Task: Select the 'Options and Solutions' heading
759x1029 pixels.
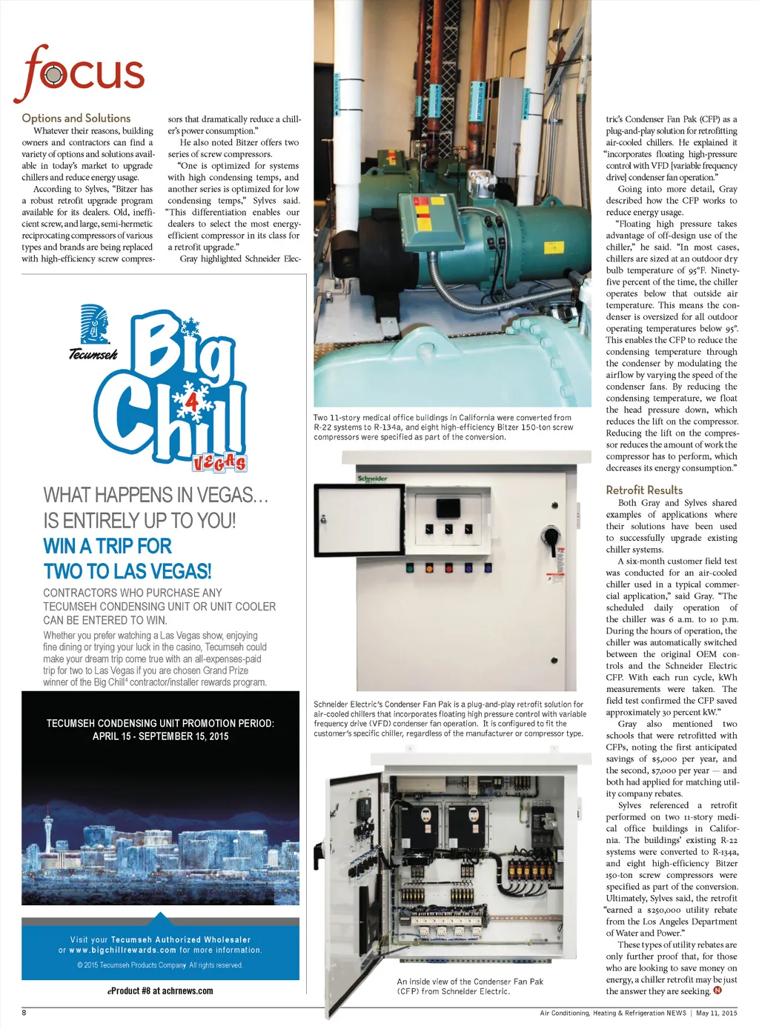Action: [x=76, y=118]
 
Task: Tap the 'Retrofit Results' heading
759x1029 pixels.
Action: [x=644, y=490]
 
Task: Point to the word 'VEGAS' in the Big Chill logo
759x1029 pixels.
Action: [x=219, y=463]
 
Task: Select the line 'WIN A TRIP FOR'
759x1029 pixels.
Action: [x=107, y=546]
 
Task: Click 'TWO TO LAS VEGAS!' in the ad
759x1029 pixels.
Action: [x=127, y=571]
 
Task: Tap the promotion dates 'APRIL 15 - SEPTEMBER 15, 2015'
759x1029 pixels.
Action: [x=160, y=736]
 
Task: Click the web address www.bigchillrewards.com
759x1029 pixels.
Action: [x=123, y=950]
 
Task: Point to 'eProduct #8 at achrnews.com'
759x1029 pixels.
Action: [x=160, y=990]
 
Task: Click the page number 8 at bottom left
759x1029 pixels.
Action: [x=24, y=1013]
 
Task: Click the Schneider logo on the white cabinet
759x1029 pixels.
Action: [x=372, y=479]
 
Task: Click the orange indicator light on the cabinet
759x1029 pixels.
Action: [x=429, y=568]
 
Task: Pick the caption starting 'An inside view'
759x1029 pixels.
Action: [x=470, y=986]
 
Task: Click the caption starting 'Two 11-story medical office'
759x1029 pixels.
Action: [x=443, y=427]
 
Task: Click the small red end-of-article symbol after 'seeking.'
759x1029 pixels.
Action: [x=717, y=990]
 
